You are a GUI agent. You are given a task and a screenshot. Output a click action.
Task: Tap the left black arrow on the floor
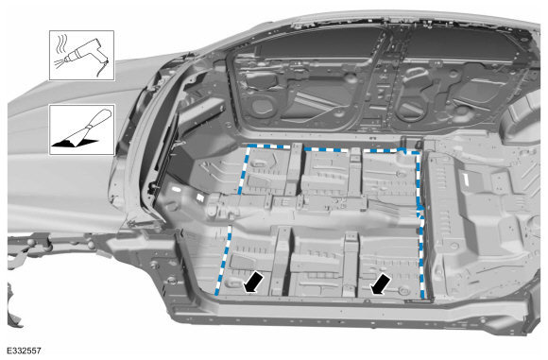click(252, 282)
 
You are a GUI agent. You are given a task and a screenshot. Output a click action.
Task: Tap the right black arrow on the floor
click(381, 282)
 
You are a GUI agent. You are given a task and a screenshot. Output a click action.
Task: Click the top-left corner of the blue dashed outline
click(248, 148)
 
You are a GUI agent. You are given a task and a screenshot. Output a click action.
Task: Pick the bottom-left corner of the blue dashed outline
click(218, 295)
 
